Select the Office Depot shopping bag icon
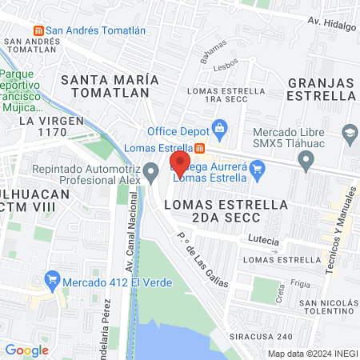coord(218,128)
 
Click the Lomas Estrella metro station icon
coord(199,148)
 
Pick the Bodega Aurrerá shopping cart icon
coord(257,168)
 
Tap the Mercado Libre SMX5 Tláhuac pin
coord(305,162)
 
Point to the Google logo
coord(26,350)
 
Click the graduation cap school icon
coord(350,132)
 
